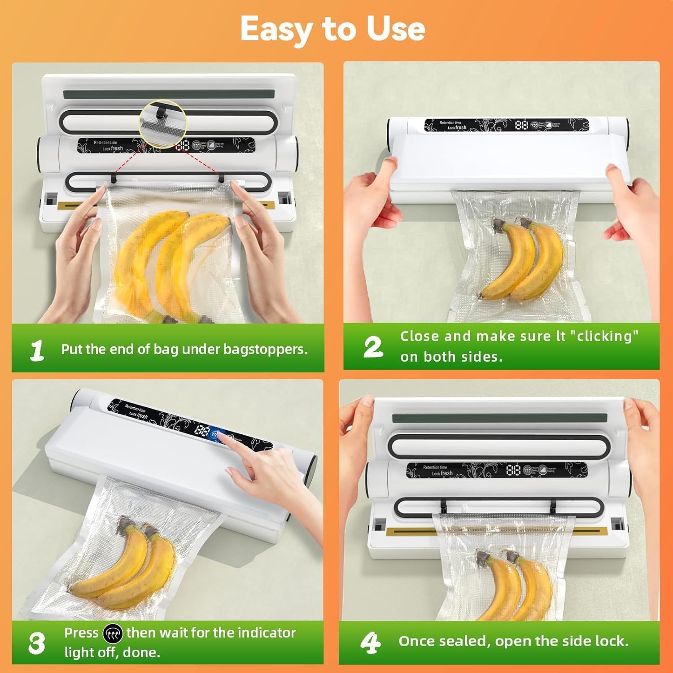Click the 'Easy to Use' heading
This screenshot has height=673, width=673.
click(x=332, y=29)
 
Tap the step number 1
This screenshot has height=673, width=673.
click(x=37, y=350)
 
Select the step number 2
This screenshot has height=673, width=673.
click(x=373, y=347)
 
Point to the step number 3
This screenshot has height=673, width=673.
click(x=36, y=643)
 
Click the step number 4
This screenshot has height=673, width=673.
click(x=370, y=642)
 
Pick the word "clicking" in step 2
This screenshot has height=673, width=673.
click(x=604, y=336)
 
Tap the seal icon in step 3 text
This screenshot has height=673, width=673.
click(x=112, y=634)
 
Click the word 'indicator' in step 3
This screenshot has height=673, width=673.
click(x=267, y=633)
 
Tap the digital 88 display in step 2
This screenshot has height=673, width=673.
click(x=521, y=125)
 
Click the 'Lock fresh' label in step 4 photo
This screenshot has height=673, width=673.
click(x=442, y=473)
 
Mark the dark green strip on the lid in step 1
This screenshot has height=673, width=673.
click(x=169, y=95)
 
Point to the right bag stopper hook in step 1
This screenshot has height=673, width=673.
click(x=221, y=178)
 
